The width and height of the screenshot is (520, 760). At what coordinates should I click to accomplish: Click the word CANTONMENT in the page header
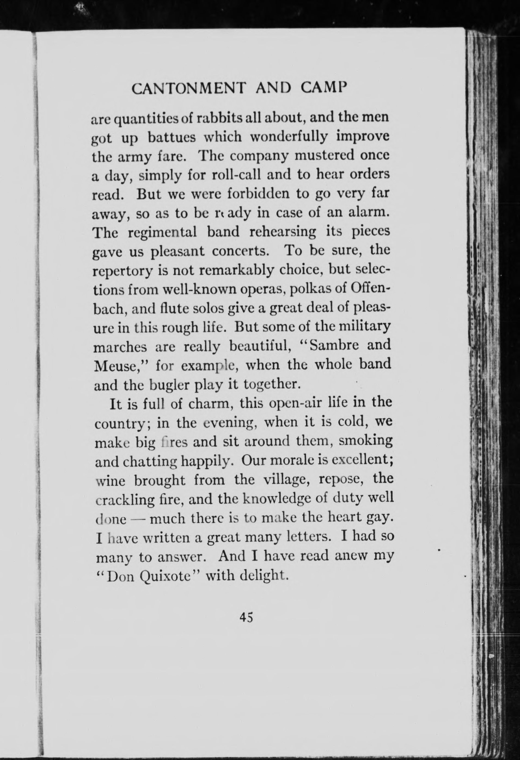click(188, 89)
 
